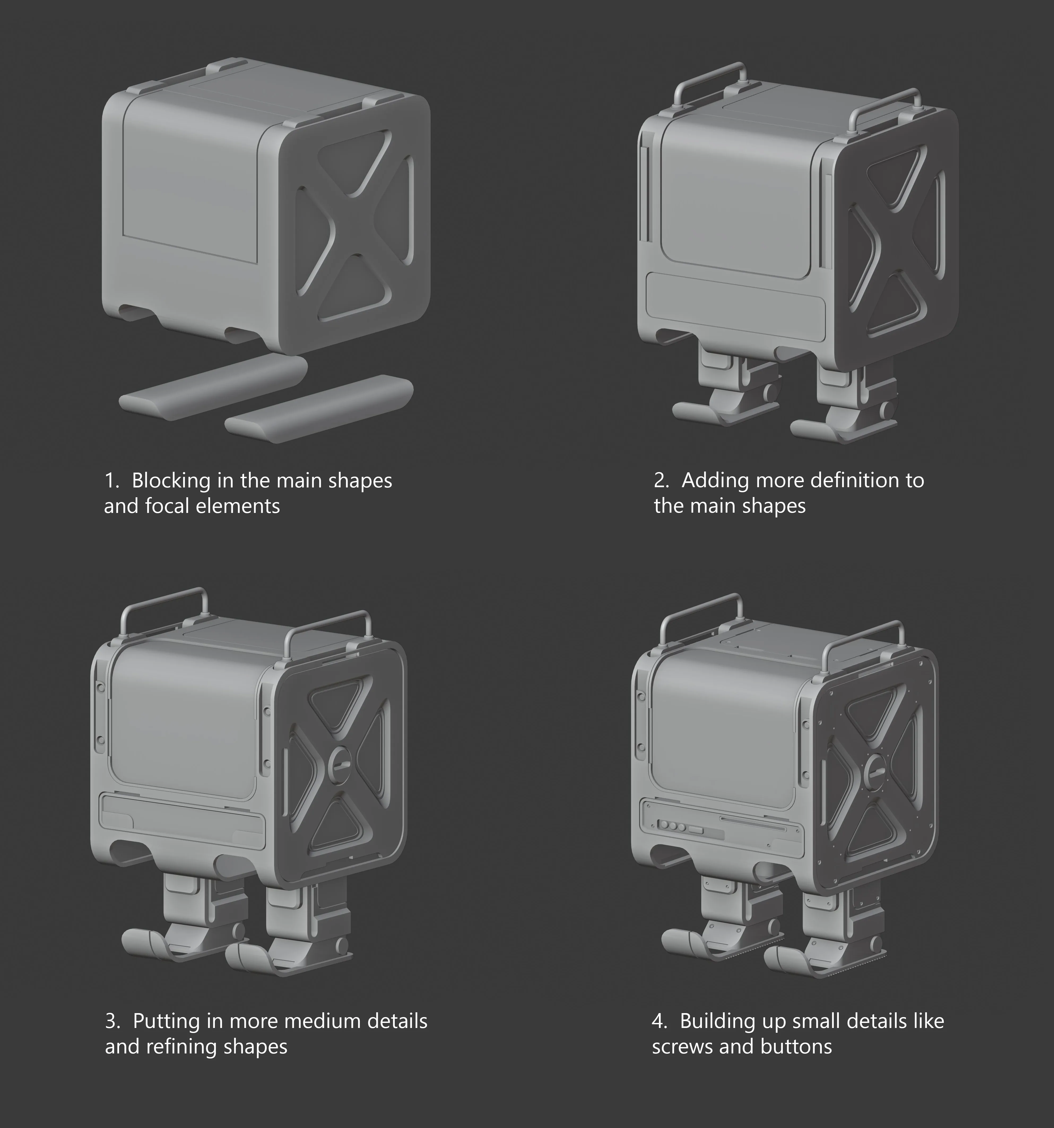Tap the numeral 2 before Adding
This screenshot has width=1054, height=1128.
click(x=660, y=481)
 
